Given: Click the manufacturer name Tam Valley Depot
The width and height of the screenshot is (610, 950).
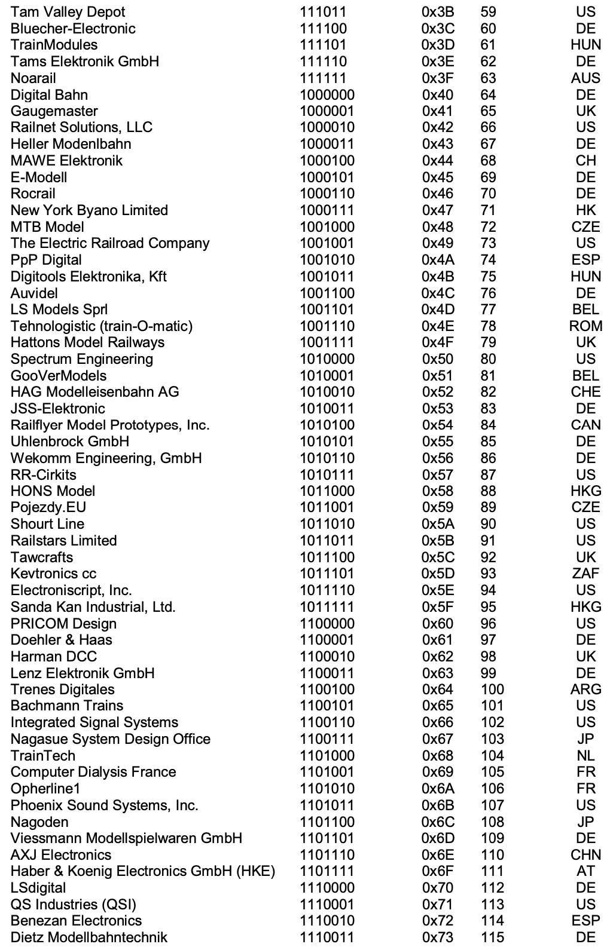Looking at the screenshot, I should (x=68, y=12).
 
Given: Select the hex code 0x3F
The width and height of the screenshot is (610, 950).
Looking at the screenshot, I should (x=438, y=78).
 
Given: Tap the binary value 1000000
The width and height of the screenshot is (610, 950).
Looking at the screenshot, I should (x=327, y=95).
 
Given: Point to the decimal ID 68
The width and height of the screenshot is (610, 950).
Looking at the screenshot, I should (x=489, y=161).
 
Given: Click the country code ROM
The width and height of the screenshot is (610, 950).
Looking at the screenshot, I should (x=585, y=326).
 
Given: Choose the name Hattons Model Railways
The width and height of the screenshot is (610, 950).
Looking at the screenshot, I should (x=87, y=342).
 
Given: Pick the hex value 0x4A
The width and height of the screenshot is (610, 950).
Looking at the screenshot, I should (x=438, y=260).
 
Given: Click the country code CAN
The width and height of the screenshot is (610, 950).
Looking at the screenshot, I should (x=585, y=425).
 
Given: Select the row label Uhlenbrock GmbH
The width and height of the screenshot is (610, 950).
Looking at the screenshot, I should (x=70, y=442).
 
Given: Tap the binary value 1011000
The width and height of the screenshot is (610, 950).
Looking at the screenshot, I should (x=327, y=491).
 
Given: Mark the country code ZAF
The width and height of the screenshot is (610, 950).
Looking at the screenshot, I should (x=585, y=574).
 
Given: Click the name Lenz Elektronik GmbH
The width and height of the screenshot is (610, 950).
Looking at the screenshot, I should (x=83, y=673).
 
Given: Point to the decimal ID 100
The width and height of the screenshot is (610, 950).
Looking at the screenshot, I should (x=492, y=689).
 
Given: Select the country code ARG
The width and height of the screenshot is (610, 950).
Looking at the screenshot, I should (x=585, y=689).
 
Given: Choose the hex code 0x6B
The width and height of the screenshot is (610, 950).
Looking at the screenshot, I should (x=438, y=805).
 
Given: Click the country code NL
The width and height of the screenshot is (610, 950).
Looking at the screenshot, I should (x=585, y=756).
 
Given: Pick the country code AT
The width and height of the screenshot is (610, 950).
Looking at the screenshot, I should (x=585, y=872).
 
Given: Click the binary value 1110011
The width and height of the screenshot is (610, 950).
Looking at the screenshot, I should (x=327, y=937).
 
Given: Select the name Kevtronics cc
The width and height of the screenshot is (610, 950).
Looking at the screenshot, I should (x=53, y=574).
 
